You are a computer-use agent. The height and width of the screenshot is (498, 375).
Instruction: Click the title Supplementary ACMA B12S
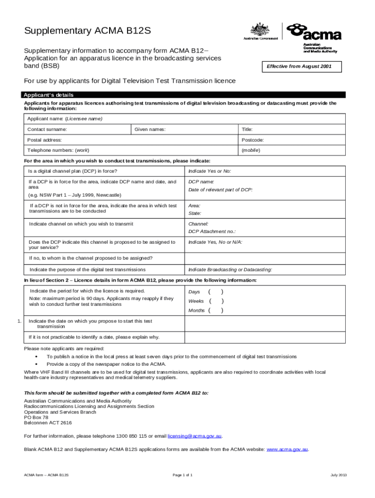pyautogui.click(x=88, y=32)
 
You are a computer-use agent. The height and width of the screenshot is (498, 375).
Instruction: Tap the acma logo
pyautogui.click(x=314, y=35)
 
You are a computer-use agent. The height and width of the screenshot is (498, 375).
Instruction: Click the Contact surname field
pyautogui.click(x=78, y=129)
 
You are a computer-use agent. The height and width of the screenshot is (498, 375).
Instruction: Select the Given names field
pyautogui.click(x=185, y=129)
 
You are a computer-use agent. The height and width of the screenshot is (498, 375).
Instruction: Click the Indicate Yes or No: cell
pyautogui.click(x=210, y=171)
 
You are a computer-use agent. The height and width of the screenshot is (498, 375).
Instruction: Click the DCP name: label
pyautogui.click(x=202, y=181)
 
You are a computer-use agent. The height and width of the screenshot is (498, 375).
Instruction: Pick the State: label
pyautogui.click(x=195, y=213)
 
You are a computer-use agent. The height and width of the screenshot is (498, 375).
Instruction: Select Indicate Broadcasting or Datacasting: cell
pyautogui.click(x=230, y=269)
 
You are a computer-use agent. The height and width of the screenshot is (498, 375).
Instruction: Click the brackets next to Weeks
pyautogui.click(x=216, y=301)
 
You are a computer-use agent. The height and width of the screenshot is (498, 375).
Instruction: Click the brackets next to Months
pyautogui.click(x=216, y=310)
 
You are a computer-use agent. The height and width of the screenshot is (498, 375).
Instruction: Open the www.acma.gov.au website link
pyautogui.click(x=287, y=449)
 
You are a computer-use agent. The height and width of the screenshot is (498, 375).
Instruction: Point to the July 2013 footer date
pyautogui.click(x=338, y=474)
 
